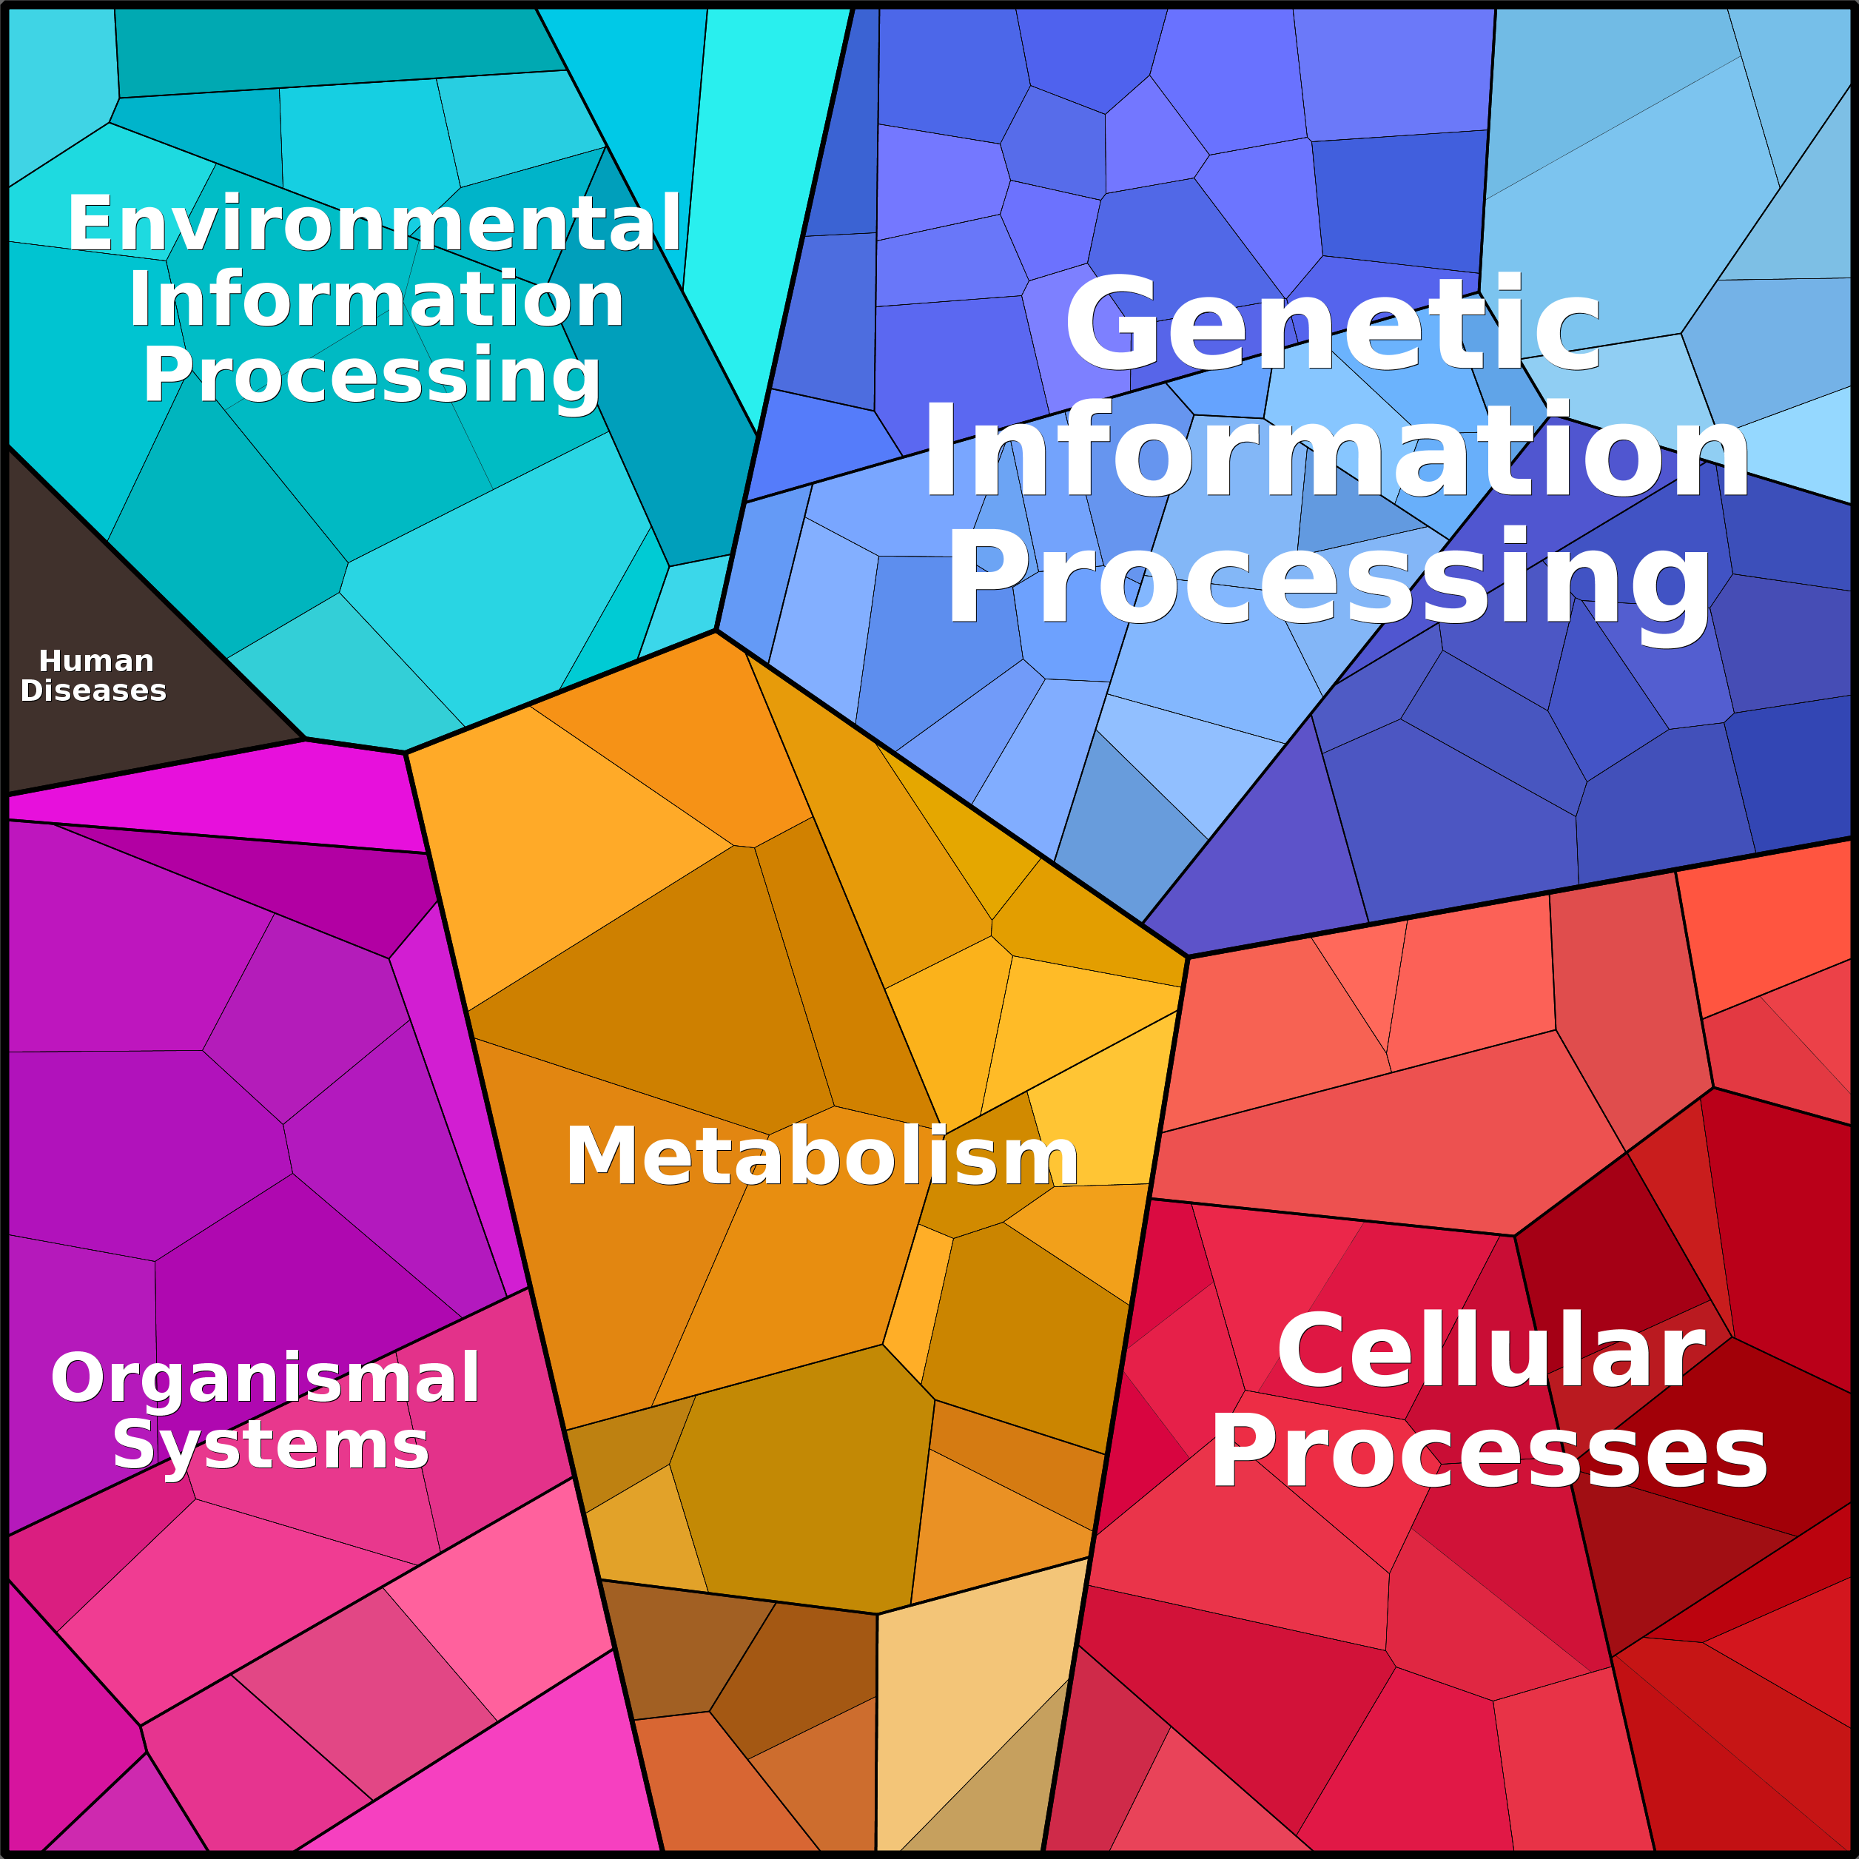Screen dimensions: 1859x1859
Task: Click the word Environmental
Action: [374, 223]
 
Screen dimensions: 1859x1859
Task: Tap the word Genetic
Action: [1333, 323]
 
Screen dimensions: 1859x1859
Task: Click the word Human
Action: [96, 661]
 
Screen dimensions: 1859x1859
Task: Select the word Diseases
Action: [93, 691]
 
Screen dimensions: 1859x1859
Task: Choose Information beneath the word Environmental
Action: [376, 299]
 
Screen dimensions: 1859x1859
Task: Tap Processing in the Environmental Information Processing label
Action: [372, 375]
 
